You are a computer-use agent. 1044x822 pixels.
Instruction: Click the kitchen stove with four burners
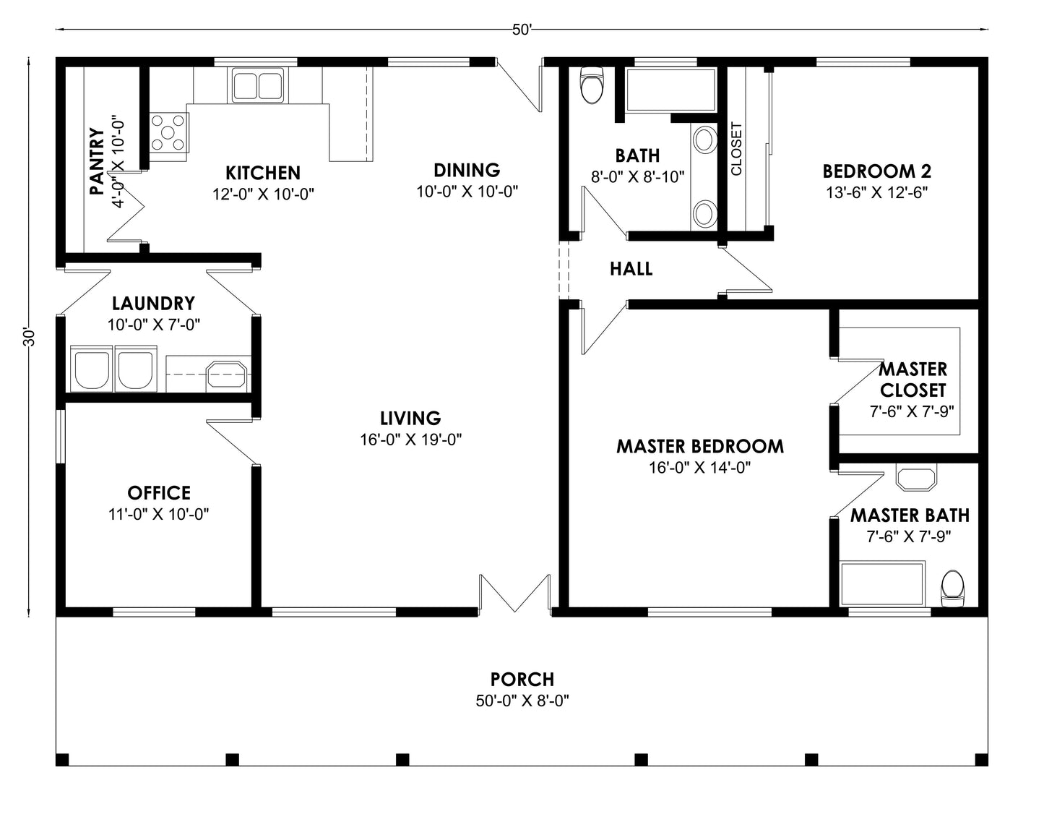168,133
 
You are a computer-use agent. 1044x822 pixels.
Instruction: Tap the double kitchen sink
257,84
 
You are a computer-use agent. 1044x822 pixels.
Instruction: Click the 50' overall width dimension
522,30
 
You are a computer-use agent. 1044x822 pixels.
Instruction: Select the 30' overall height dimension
29,338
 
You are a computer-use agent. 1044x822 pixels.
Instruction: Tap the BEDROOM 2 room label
876,171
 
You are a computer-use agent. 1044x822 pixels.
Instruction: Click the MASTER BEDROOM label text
699,446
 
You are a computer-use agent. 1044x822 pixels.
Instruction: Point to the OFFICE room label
159,493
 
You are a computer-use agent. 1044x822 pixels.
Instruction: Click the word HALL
631,269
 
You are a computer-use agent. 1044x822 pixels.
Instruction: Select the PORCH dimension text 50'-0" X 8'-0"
522,701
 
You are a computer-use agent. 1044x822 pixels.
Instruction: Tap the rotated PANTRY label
96,161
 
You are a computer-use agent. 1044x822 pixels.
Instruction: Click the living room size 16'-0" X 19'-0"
410,439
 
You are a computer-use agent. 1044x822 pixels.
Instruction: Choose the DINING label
467,170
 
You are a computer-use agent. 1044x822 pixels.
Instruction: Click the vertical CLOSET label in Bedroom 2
736,149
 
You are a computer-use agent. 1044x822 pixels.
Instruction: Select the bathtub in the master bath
883,584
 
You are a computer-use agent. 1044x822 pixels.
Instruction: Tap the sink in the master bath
915,478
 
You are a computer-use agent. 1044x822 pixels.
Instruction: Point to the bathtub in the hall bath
670,90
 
